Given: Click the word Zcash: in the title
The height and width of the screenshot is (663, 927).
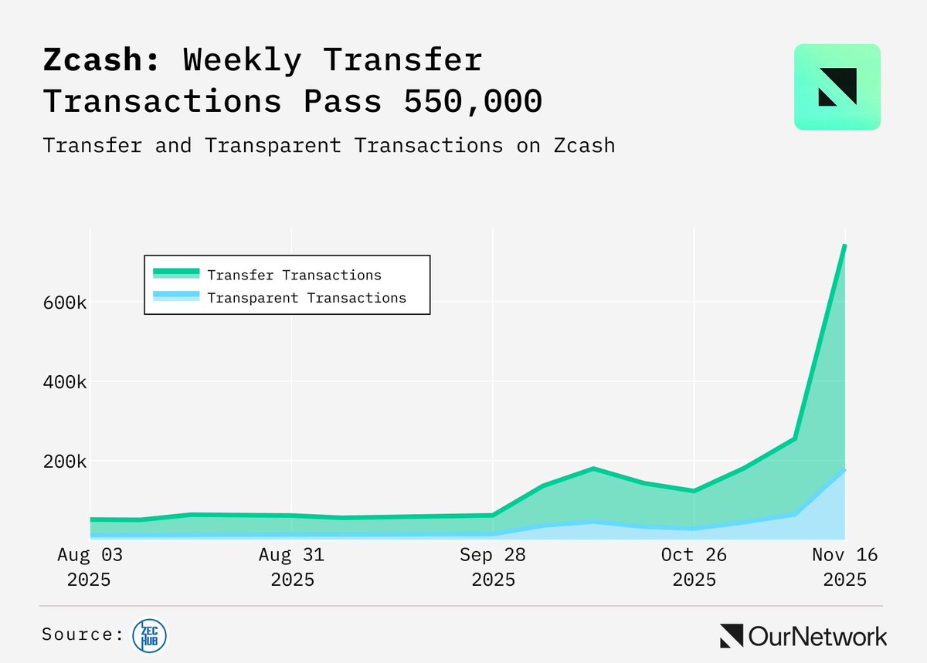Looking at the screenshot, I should [x=101, y=61].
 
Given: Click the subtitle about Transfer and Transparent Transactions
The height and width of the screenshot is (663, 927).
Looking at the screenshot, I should [x=329, y=145].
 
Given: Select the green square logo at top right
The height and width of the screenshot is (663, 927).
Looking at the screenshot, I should [x=837, y=86].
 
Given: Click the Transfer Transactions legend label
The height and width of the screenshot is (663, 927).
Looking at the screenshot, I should [x=294, y=275].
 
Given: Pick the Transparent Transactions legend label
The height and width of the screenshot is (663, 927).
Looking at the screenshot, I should [x=307, y=298].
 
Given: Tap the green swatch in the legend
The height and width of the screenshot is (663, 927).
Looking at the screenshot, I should [x=176, y=275].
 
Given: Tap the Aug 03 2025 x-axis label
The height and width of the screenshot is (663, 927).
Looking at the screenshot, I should [x=90, y=567].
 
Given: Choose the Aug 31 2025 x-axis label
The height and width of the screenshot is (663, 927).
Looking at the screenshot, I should [x=292, y=567].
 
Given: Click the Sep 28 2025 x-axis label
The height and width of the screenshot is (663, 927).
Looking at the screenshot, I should [x=493, y=567].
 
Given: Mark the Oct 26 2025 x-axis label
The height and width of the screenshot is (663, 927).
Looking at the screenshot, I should [x=694, y=567].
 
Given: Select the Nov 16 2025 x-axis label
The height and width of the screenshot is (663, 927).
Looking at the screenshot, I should [x=845, y=567].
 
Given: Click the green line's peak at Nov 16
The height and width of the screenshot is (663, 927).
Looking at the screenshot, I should [x=844, y=245].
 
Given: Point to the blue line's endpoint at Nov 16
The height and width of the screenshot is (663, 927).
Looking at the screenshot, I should [x=844, y=469].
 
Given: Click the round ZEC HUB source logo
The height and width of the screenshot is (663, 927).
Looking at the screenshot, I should [x=150, y=634].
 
